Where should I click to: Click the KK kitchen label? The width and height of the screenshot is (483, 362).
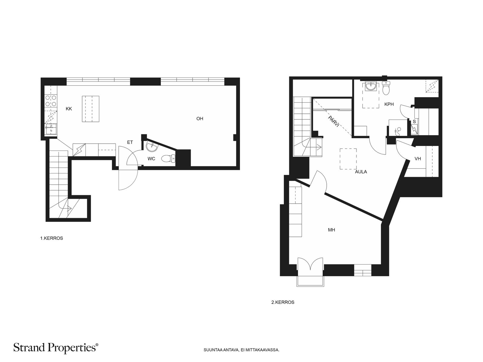[x=69, y=109]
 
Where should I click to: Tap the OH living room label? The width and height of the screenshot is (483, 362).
[x=200, y=119]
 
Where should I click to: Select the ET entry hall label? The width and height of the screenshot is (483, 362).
[x=130, y=142]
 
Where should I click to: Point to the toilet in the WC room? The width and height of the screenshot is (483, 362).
[x=168, y=158]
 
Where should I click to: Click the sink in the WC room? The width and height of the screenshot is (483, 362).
[x=152, y=147]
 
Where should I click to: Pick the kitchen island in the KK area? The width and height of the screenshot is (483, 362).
[x=91, y=109]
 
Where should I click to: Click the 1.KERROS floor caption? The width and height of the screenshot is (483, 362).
[x=52, y=238]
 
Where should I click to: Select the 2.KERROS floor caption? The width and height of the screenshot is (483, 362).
[x=283, y=302]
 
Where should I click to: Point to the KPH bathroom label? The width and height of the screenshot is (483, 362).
[x=389, y=104]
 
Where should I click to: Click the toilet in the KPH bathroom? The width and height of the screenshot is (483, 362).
[x=386, y=88]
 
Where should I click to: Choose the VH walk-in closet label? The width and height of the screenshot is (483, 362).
[x=418, y=158]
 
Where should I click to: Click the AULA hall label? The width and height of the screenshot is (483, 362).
[x=361, y=172]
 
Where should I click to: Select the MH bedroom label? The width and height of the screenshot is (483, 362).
[x=331, y=230]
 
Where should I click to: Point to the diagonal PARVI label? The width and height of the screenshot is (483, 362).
[x=334, y=122]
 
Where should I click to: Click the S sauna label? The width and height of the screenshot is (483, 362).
[x=414, y=122]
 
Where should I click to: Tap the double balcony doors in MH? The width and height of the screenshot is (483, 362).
[x=310, y=264]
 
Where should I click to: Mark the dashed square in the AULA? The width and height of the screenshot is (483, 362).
[x=348, y=159]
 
